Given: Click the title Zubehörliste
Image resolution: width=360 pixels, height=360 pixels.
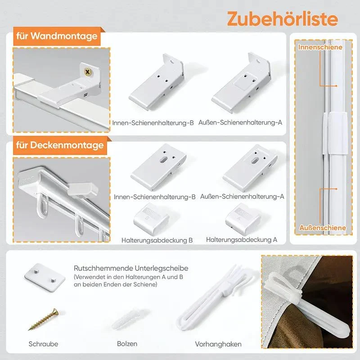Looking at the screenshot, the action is pos(283,18).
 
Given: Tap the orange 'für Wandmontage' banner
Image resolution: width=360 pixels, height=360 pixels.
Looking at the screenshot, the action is pos(57,36).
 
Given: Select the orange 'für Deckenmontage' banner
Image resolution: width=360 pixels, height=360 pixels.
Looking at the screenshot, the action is pos(60,145).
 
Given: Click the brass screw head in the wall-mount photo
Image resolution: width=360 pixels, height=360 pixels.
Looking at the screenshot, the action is pos(87,72).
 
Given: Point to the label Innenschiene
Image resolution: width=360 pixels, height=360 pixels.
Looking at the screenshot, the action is pos(320,47).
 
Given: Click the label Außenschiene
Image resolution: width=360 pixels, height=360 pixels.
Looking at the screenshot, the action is pos(322,228).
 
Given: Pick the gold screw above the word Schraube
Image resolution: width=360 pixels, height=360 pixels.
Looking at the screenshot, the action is pos(43,319).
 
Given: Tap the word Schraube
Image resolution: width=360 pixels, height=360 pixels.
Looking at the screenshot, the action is pos(43,344).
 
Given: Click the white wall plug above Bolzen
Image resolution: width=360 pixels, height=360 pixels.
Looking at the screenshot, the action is pos(129,319).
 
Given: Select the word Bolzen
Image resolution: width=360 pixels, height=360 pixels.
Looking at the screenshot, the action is pos(127,343).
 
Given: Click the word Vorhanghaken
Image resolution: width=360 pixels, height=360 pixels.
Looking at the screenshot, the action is pos(218,344).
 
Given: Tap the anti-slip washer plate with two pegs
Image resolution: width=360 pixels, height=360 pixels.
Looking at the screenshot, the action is pos(45,277).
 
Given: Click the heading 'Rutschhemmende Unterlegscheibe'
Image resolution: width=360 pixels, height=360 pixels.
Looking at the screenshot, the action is pos(131,268).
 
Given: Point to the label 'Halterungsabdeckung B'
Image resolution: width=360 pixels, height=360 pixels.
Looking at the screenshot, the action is pos(157,240).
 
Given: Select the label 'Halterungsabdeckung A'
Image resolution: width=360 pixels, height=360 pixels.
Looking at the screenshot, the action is pos(242,240).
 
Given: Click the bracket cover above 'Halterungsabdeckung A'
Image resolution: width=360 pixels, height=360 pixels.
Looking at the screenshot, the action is pos(243,218).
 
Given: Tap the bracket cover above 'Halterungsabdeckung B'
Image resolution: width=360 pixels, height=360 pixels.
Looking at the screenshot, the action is pos(151,219).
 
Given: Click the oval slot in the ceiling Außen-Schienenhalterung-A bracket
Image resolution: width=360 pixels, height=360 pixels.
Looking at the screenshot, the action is pos(255,161).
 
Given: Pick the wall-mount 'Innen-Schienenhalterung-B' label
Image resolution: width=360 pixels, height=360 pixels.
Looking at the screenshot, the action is pos(153,123).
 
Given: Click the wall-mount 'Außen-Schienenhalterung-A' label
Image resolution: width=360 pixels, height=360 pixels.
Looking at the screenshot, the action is pos(240,122).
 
